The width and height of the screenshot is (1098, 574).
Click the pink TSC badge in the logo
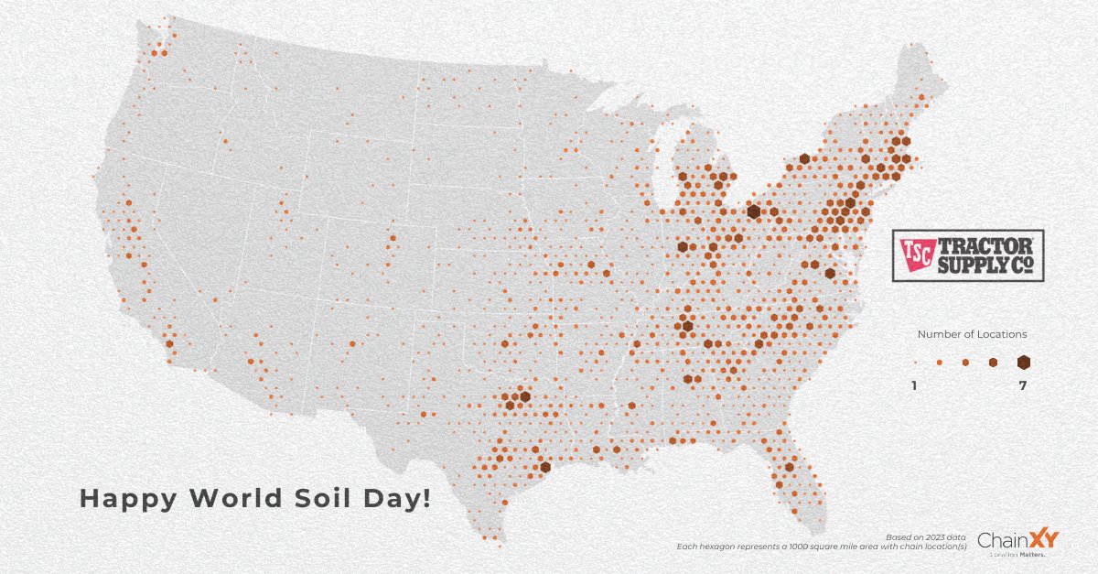[x=916, y=255]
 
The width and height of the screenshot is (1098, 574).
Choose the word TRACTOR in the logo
[x=984, y=245]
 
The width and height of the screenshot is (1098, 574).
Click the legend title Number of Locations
[x=972, y=334]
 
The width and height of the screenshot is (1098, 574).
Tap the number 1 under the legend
[x=913, y=386]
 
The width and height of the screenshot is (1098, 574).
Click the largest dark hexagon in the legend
[x=1023, y=363]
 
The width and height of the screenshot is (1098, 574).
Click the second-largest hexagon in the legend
[x=994, y=363]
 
